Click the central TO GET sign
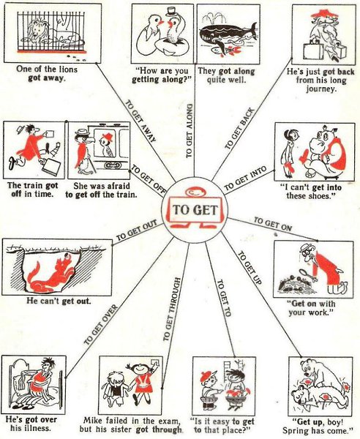[195, 210]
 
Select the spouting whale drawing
[228, 34]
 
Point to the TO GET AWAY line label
[140, 121]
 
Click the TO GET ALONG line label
[190, 130]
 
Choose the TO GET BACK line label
[239, 129]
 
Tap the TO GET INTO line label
[245, 179]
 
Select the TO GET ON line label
[272, 225]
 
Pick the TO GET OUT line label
[136, 231]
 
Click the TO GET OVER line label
[101, 325]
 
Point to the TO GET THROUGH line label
[170, 309]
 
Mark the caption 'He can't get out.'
[59, 301]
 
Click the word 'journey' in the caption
[320, 89]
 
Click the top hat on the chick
[170, 12]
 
